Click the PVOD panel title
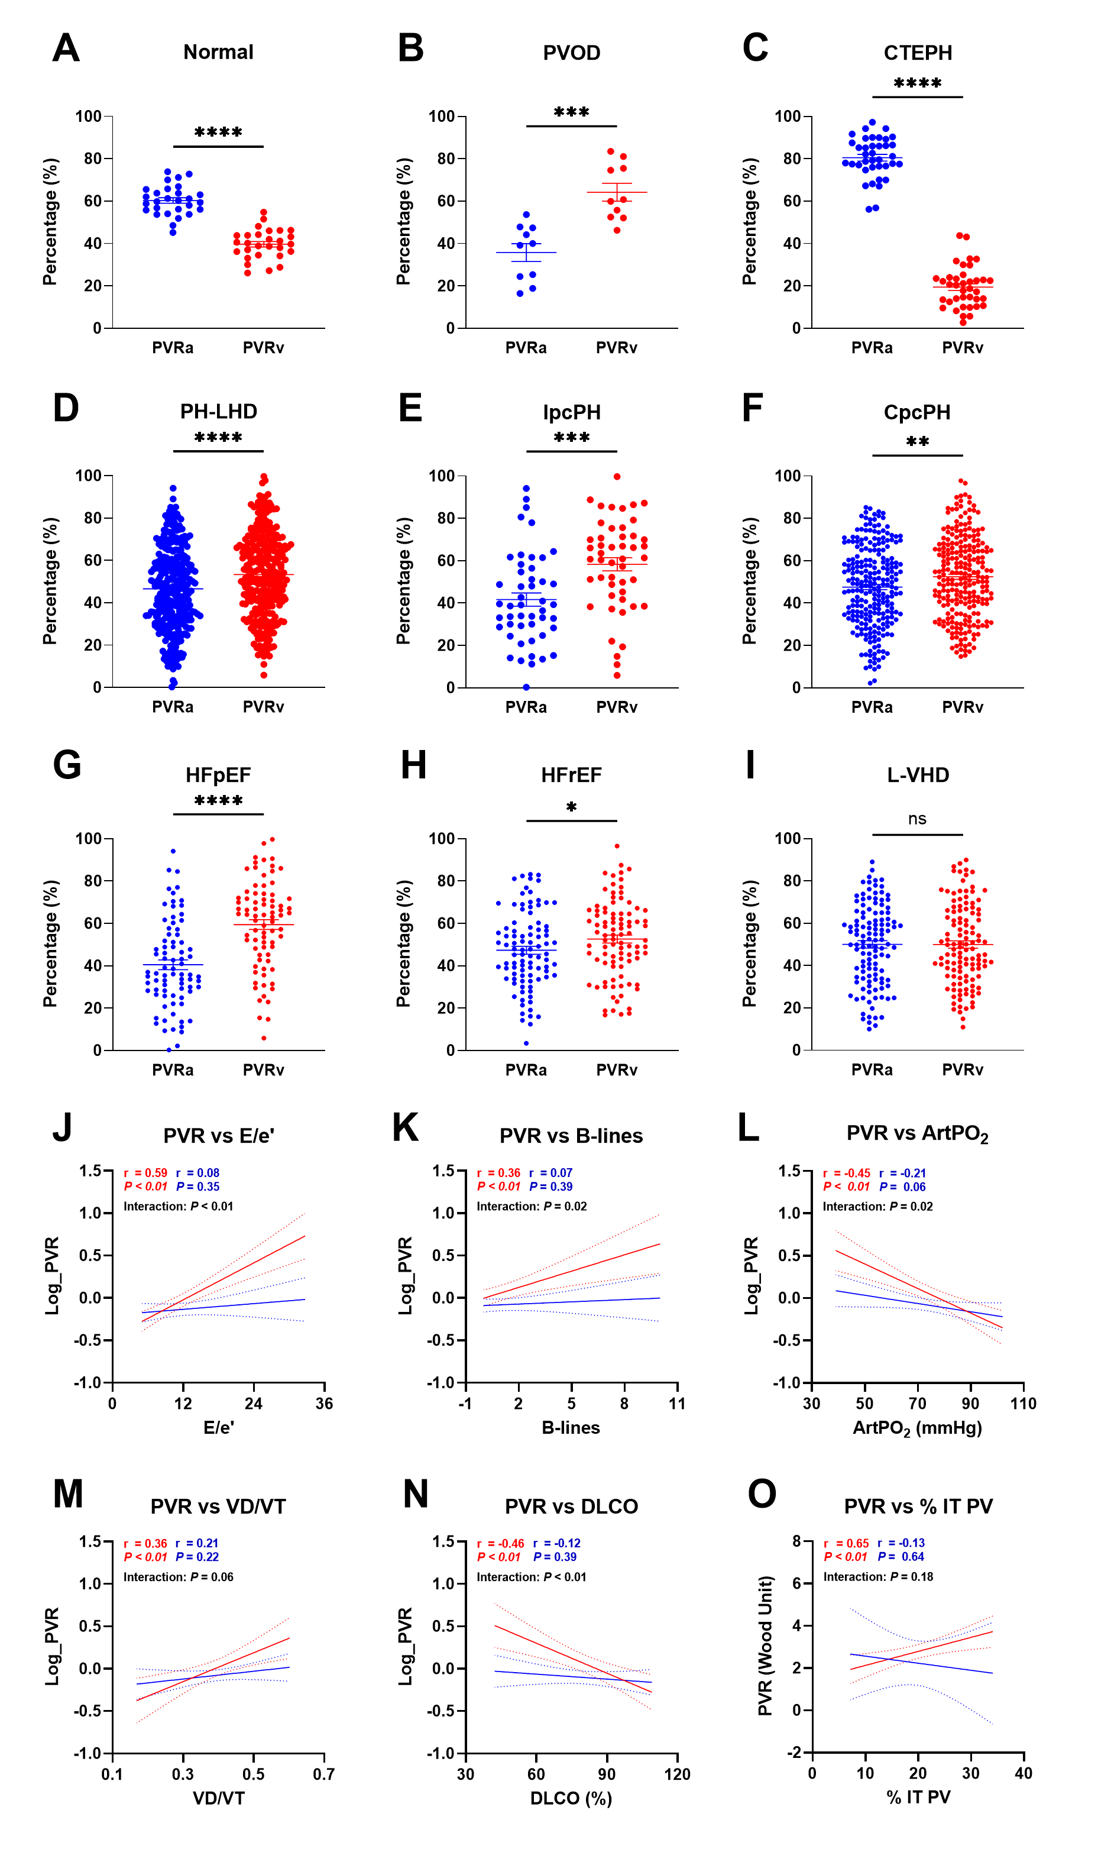(571, 53)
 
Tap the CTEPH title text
(918, 53)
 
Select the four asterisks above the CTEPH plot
(918, 83)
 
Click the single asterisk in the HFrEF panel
(571, 807)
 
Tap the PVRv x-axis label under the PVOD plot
(616, 348)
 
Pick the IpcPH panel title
(571, 412)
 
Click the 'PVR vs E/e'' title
(218, 1136)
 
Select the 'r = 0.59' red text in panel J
(146, 1173)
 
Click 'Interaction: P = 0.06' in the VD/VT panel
(179, 1578)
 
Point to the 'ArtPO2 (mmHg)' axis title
(918, 1428)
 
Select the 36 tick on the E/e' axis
(324, 1404)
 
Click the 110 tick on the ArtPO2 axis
(1023, 1404)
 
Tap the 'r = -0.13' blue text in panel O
(901, 1543)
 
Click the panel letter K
(406, 1128)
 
